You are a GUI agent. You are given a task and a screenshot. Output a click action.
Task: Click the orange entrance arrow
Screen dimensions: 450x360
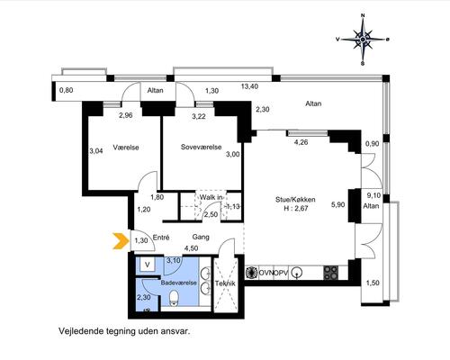coord(121,241)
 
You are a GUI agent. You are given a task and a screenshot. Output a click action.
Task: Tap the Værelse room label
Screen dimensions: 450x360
coord(126,148)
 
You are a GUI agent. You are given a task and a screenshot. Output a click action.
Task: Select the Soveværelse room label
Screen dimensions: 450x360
coord(202,147)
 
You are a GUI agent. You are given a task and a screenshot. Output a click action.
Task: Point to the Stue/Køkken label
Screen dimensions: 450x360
coord(295,200)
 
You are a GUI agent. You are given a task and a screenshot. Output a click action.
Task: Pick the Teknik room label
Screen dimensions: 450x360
coord(225,283)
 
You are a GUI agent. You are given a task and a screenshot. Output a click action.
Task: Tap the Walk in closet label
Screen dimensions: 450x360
coord(211,197)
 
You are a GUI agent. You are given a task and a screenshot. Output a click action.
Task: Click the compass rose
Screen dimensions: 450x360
coord(363,40)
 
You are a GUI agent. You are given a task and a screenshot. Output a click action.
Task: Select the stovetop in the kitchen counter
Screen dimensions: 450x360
coord(331,273)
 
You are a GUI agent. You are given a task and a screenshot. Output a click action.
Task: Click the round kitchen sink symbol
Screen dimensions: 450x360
coord(297,273)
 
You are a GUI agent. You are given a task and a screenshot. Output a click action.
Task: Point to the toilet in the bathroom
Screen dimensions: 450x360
coord(174,299)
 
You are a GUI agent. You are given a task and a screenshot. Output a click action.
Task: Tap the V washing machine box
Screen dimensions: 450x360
coord(148,265)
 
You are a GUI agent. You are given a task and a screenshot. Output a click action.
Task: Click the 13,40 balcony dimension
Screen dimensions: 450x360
coord(249,86)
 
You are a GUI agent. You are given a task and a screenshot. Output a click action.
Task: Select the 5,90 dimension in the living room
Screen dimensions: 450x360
coord(337,205)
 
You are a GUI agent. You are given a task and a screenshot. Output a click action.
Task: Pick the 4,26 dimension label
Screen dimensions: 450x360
coord(301,142)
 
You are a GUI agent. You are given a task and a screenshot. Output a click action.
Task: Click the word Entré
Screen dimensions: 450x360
coord(161,238)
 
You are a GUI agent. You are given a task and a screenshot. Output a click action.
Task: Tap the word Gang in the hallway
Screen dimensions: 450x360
coord(201,238)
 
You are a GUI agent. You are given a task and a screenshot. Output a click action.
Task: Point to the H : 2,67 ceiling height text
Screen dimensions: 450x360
coord(296,209)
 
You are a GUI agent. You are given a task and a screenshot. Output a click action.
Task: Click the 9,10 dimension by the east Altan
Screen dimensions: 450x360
coord(373,195)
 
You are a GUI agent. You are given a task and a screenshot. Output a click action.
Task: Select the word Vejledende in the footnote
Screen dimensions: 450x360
coord(81,331)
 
